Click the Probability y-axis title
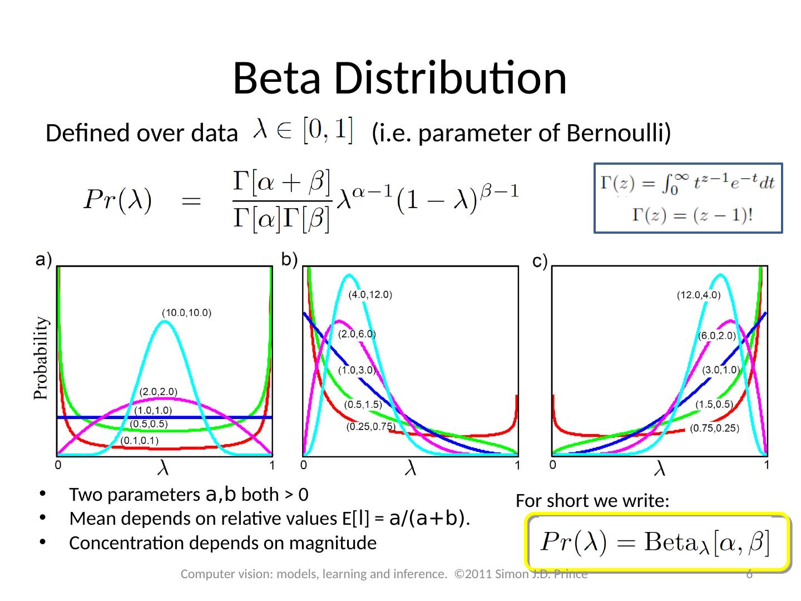pos(41,358)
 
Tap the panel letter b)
pos(289,259)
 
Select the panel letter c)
pos(540,261)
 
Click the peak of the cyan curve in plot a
pos(165,321)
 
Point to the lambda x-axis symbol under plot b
pos(410,467)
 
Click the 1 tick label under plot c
pos(767,465)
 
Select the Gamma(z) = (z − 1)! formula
pos(692,215)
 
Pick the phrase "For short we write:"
pos(592,501)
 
